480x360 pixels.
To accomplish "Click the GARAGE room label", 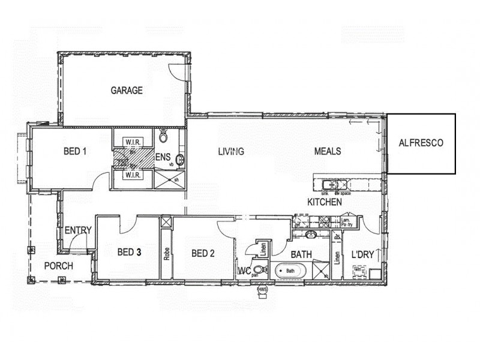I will tap(127, 91).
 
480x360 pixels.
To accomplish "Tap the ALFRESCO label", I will tap(421, 143).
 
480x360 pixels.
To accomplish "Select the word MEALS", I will tap(328, 151).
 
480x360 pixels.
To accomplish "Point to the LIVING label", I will tap(231, 151).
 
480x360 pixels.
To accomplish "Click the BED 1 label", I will tap(76, 151).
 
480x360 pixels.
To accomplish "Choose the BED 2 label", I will tap(203, 253).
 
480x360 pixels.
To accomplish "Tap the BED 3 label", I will tap(128, 253).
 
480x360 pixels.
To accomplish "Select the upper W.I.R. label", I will tap(133, 142).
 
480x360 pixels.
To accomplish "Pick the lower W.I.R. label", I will tap(133, 176).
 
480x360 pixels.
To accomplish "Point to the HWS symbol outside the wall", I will tap(262, 290).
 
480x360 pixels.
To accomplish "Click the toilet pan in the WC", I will tap(259, 270).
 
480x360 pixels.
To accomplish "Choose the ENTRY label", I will tap(78, 230).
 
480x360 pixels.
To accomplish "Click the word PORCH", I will tap(59, 266).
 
